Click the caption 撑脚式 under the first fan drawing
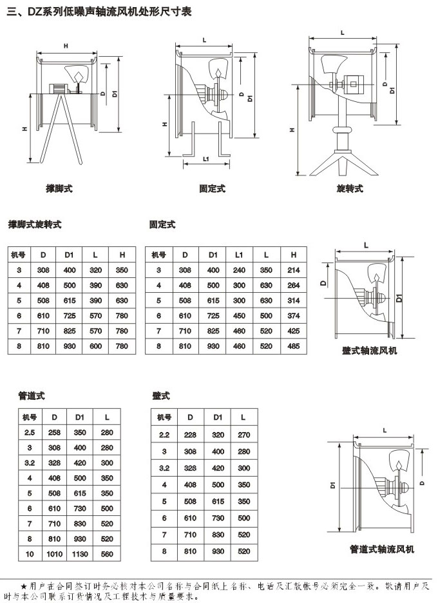pos(59,189)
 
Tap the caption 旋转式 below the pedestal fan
pos(350,189)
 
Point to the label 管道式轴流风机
pos(382,549)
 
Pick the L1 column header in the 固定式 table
pos(239,255)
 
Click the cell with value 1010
pos(55,554)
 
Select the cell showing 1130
pos(80,554)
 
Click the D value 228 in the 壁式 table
pos(191,435)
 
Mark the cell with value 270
pos(243,435)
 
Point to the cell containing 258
pos(55,431)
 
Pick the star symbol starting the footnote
pos(24,586)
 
